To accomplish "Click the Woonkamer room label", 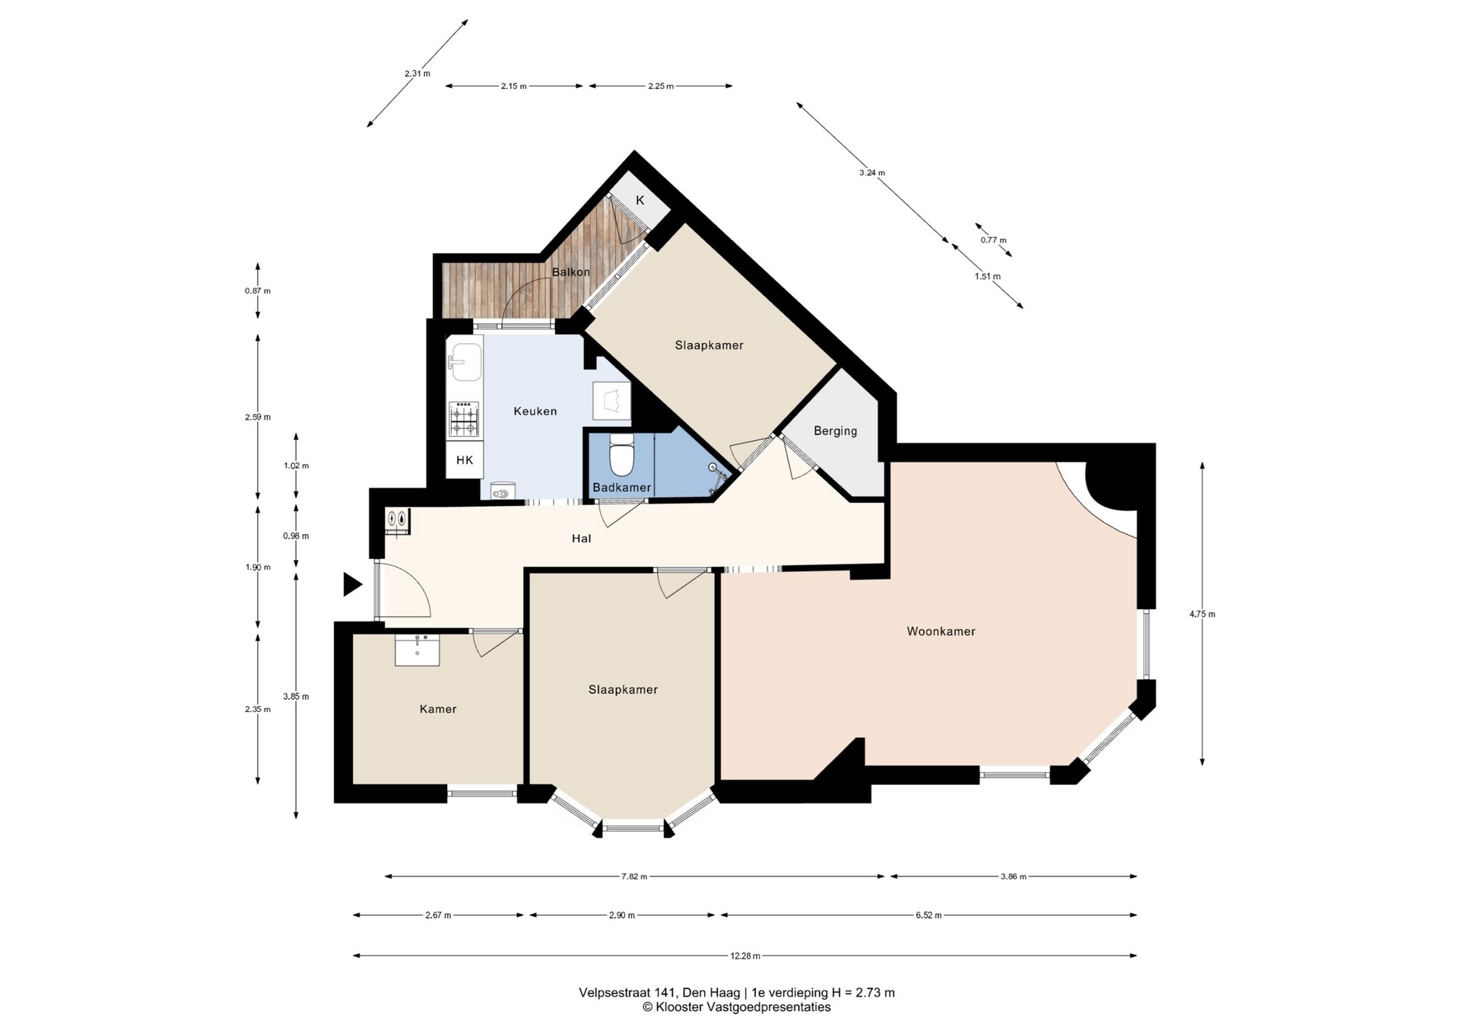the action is [941, 631].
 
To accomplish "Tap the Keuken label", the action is [535, 412].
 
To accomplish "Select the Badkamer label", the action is [622, 488].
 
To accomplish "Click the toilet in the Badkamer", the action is [622, 454].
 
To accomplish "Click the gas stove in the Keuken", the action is [464, 419].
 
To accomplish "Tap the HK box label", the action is [465, 460].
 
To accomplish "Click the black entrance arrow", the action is [352, 584].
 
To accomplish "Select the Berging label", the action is [835, 431].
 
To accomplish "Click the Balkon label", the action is [570, 272].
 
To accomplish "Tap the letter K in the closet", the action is [640, 200].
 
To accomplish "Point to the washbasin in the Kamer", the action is [417, 650].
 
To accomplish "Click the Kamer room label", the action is [438, 709].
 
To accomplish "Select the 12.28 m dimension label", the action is [745, 956].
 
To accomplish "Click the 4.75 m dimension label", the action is [1202, 615].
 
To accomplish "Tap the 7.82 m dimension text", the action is [634, 877].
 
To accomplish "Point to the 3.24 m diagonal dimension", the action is [872, 173].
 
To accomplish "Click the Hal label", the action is [581, 539].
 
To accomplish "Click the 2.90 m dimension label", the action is [622, 915].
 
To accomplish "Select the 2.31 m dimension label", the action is [417, 74].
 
